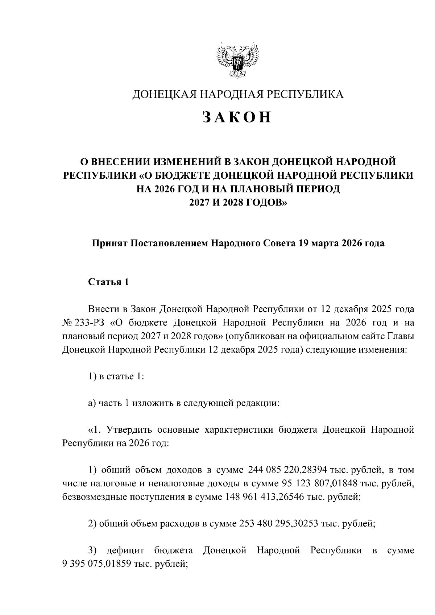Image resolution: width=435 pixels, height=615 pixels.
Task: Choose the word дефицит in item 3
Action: point(126,550)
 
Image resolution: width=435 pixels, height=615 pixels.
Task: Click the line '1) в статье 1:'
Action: point(116,376)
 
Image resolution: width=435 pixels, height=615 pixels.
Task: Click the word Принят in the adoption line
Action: point(107,243)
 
